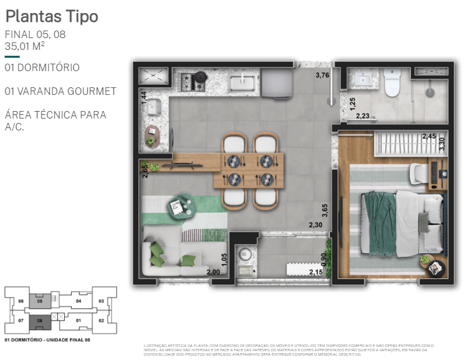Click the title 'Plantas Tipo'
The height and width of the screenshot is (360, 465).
click(x=52, y=16)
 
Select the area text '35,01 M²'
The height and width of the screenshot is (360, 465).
click(x=24, y=46)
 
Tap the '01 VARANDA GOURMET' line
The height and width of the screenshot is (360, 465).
click(x=60, y=91)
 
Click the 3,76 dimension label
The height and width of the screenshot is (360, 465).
click(x=322, y=75)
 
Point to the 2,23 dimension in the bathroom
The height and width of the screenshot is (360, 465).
click(x=362, y=115)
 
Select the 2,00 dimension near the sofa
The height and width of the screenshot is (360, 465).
click(x=213, y=272)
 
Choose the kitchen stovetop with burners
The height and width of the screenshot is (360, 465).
click(x=193, y=80)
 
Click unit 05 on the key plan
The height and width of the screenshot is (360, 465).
click(x=40, y=301)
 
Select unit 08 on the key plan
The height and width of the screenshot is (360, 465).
click(x=40, y=321)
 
